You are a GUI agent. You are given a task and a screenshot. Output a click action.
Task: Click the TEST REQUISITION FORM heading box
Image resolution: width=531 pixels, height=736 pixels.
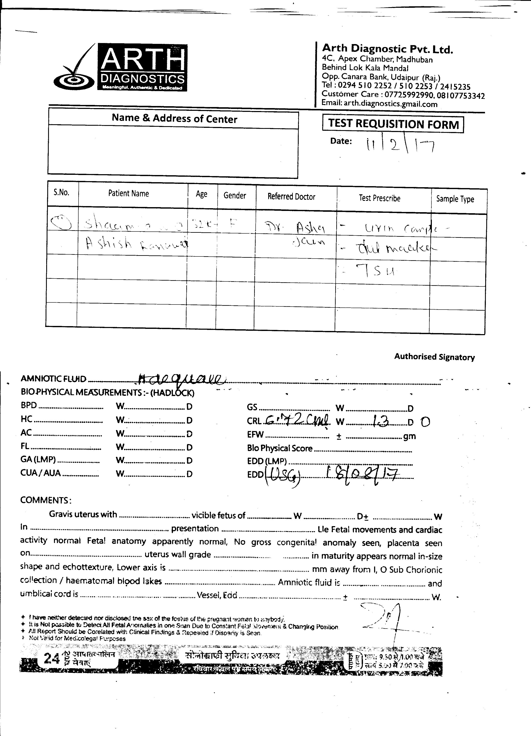pyautogui.click(x=393, y=124)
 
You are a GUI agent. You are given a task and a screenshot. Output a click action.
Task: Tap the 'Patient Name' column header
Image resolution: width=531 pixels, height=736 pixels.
pyautogui.click(x=129, y=194)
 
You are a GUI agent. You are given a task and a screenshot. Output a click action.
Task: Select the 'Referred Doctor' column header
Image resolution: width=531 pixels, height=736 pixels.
pyautogui.click(x=291, y=197)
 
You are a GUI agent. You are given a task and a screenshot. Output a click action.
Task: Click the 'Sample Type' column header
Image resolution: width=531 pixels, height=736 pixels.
pyautogui.click(x=455, y=199)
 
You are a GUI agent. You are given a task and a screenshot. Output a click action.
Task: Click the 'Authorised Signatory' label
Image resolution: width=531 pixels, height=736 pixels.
pyautogui.click(x=434, y=357)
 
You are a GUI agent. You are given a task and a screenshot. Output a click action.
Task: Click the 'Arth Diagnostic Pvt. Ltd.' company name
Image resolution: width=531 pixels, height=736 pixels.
pyautogui.click(x=387, y=49)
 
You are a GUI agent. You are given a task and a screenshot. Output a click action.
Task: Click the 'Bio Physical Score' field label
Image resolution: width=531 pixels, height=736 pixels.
pyautogui.click(x=280, y=448)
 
